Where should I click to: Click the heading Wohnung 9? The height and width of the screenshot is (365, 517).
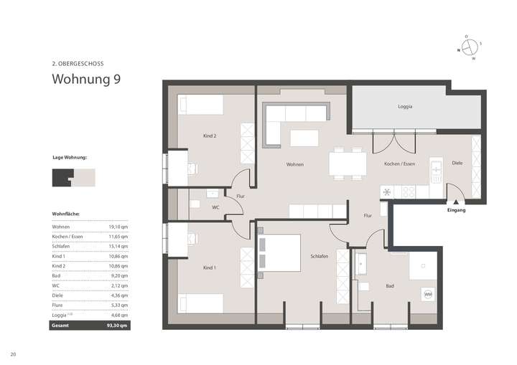[85, 79]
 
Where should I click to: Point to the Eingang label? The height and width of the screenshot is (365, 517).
[456, 211]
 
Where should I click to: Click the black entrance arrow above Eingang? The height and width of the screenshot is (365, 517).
[452, 202]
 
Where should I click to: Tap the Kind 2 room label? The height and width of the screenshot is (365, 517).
[210, 136]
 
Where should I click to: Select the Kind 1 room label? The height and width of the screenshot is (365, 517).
[209, 267]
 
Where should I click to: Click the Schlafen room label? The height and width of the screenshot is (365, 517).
[320, 256]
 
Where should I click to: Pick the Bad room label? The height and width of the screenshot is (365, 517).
[389, 286]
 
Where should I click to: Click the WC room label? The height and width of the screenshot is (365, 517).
[215, 208]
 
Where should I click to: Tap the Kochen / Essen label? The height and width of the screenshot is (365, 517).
[399, 164]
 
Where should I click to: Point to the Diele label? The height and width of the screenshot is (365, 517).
[457, 163]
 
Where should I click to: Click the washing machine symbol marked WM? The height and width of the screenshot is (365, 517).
[428, 294]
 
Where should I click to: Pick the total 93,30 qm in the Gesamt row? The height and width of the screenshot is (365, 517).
[118, 325]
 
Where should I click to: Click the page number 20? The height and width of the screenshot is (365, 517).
[13, 354]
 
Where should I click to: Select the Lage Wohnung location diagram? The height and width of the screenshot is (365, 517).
[73, 176]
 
